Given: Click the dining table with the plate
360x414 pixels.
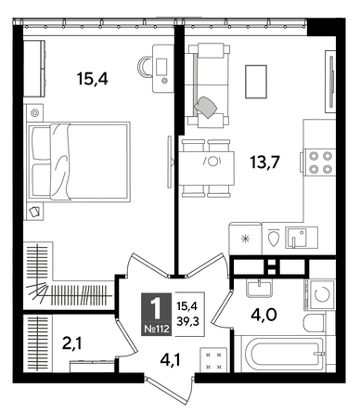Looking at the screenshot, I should click(x=210, y=162).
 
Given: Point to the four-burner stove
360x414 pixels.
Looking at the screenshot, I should click(x=320, y=163).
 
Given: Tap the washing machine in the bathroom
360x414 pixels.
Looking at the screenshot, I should click(x=319, y=298).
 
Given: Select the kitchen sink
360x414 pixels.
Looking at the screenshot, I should click(x=298, y=238).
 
